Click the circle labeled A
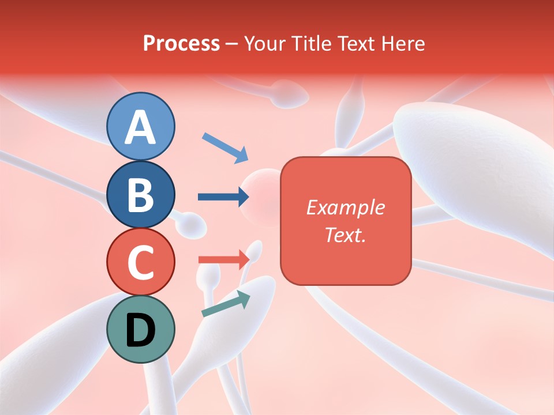click(141, 126)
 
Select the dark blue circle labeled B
click(141, 194)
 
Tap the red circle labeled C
click(141, 262)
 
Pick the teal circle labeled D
click(141, 329)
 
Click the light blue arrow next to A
click(225, 148)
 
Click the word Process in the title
click(181, 43)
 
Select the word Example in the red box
click(345, 207)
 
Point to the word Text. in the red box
click(345, 235)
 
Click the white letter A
click(141, 127)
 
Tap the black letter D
click(141, 330)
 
